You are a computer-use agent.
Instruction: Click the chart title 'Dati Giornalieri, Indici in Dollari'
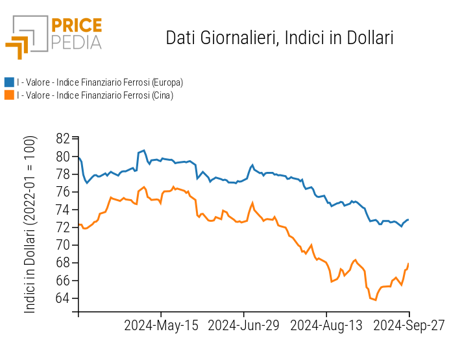pyautogui.click(x=280, y=38)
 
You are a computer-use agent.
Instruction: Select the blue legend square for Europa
pyautogui.click(x=9, y=82)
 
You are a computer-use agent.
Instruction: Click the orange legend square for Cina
pyautogui.click(x=9, y=95)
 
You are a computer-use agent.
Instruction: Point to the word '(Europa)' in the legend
pyautogui.click(x=167, y=82)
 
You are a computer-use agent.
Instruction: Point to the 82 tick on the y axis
pyautogui.click(x=63, y=139)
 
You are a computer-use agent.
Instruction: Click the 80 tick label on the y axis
pyautogui.click(x=63, y=156)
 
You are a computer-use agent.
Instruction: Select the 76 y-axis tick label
pyautogui.click(x=63, y=192)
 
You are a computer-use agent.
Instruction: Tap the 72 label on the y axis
pyautogui.click(x=63, y=228)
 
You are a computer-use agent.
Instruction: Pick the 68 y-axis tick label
pyautogui.click(x=63, y=263)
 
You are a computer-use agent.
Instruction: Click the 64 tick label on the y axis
pyautogui.click(x=63, y=298)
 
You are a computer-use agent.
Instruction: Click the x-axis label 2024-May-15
pyautogui.click(x=161, y=326)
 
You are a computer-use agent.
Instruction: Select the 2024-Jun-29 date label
pyautogui.click(x=243, y=326)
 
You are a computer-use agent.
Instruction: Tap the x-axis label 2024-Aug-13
pyautogui.click(x=326, y=326)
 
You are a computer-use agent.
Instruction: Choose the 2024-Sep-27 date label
pyautogui.click(x=409, y=326)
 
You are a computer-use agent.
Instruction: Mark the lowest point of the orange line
pyautogui.click(x=375, y=300)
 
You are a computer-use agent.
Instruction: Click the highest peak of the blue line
pyautogui.click(x=143, y=150)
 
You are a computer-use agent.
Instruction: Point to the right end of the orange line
pyautogui.click(x=409, y=263)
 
